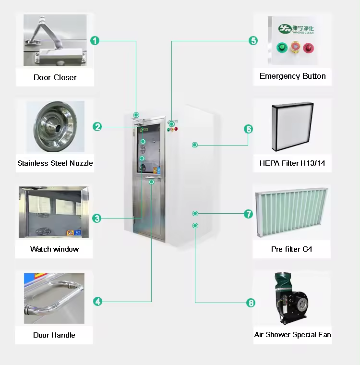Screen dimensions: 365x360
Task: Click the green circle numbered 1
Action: tap(96, 40)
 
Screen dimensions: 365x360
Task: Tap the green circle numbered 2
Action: tap(97, 127)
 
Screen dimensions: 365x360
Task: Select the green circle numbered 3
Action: tap(97, 218)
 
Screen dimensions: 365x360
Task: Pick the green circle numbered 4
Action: tap(98, 302)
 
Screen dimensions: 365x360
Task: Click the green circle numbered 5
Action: tap(253, 40)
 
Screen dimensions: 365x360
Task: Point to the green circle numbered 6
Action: tap(248, 129)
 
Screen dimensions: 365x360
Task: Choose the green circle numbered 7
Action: tap(248, 214)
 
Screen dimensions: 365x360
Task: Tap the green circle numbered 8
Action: tap(251, 303)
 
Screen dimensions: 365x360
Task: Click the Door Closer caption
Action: tap(55, 77)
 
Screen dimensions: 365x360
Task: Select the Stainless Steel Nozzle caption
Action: tap(55, 163)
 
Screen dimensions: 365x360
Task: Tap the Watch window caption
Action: tap(54, 249)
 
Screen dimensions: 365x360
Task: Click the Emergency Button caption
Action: tap(292, 76)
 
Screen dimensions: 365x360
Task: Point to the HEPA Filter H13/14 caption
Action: tap(292, 163)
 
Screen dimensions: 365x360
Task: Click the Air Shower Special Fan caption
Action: tap(292, 335)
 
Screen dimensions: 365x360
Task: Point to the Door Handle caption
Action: tap(54, 335)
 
